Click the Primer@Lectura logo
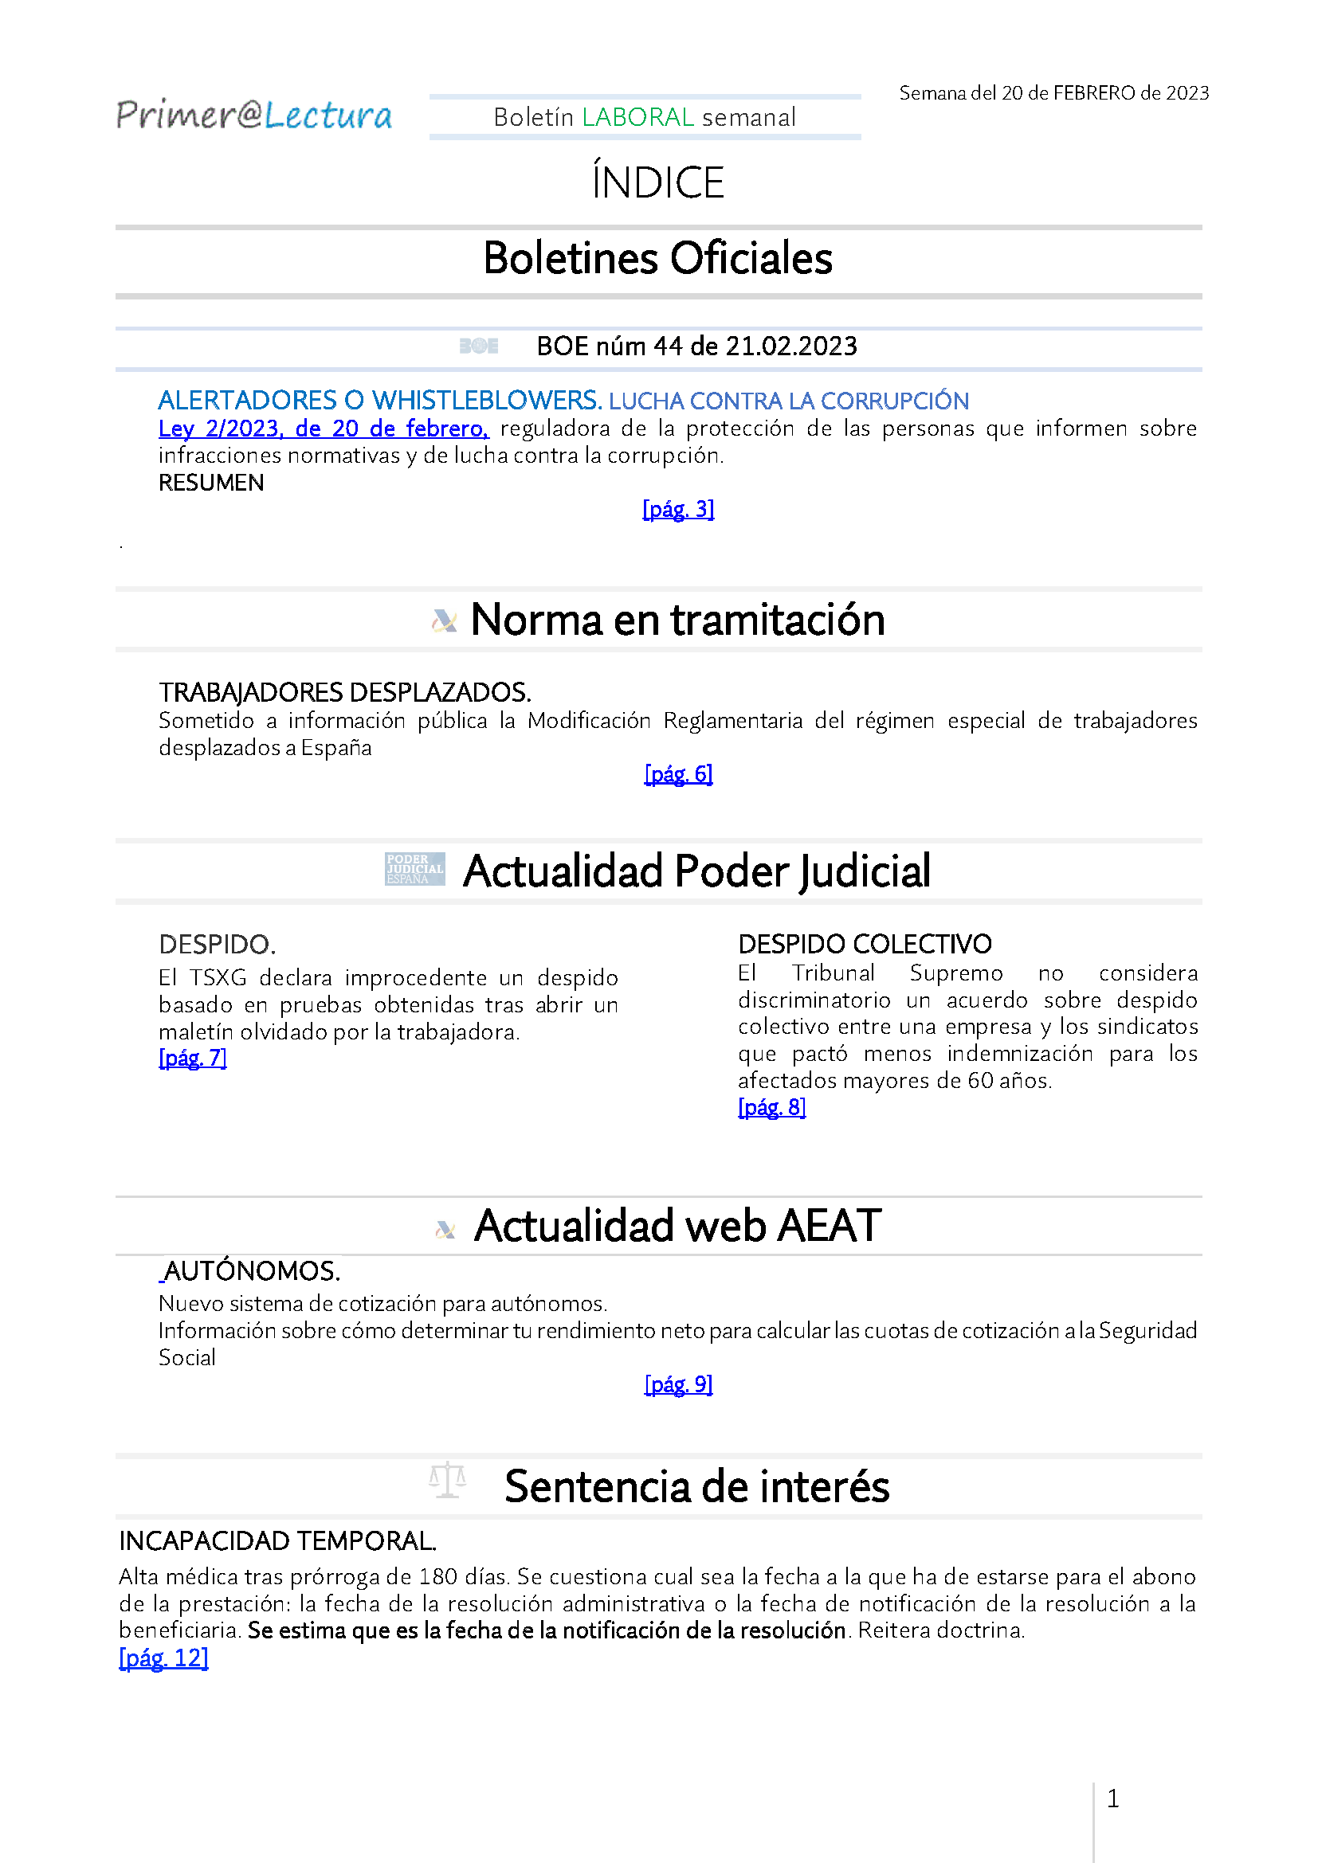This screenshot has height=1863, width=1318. (254, 115)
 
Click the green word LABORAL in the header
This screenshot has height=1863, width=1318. (638, 118)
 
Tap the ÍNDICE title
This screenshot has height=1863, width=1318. (657, 182)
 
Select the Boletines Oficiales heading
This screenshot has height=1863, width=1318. (657, 259)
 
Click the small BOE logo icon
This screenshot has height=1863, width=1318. (479, 346)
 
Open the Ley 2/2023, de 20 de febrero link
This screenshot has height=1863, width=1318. (323, 429)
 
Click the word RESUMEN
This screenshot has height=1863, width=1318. (211, 483)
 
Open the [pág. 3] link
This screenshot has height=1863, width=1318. (678, 510)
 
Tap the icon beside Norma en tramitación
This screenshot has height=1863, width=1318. (444, 620)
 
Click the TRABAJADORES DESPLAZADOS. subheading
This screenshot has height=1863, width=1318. (345, 692)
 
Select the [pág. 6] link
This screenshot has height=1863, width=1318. (678, 774)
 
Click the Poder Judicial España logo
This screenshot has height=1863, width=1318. (414, 869)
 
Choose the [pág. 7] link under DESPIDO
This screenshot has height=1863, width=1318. (192, 1058)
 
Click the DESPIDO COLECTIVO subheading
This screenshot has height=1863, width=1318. (865, 944)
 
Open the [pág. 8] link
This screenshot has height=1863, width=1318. (772, 1108)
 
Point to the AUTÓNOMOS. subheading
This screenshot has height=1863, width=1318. (252, 1270)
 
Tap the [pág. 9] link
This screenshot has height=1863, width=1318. (678, 1385)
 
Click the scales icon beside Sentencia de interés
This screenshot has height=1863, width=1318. (447, 1480)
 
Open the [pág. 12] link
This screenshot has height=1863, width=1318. (164, 1658)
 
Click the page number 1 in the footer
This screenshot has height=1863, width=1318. (1113, 1799)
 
